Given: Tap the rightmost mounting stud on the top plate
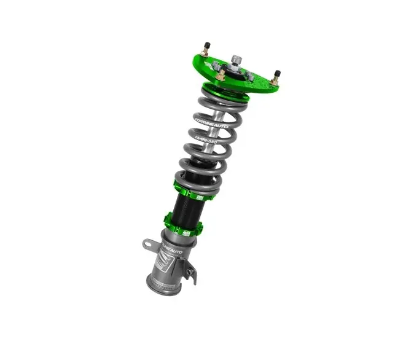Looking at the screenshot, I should [x=276, y=75].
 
